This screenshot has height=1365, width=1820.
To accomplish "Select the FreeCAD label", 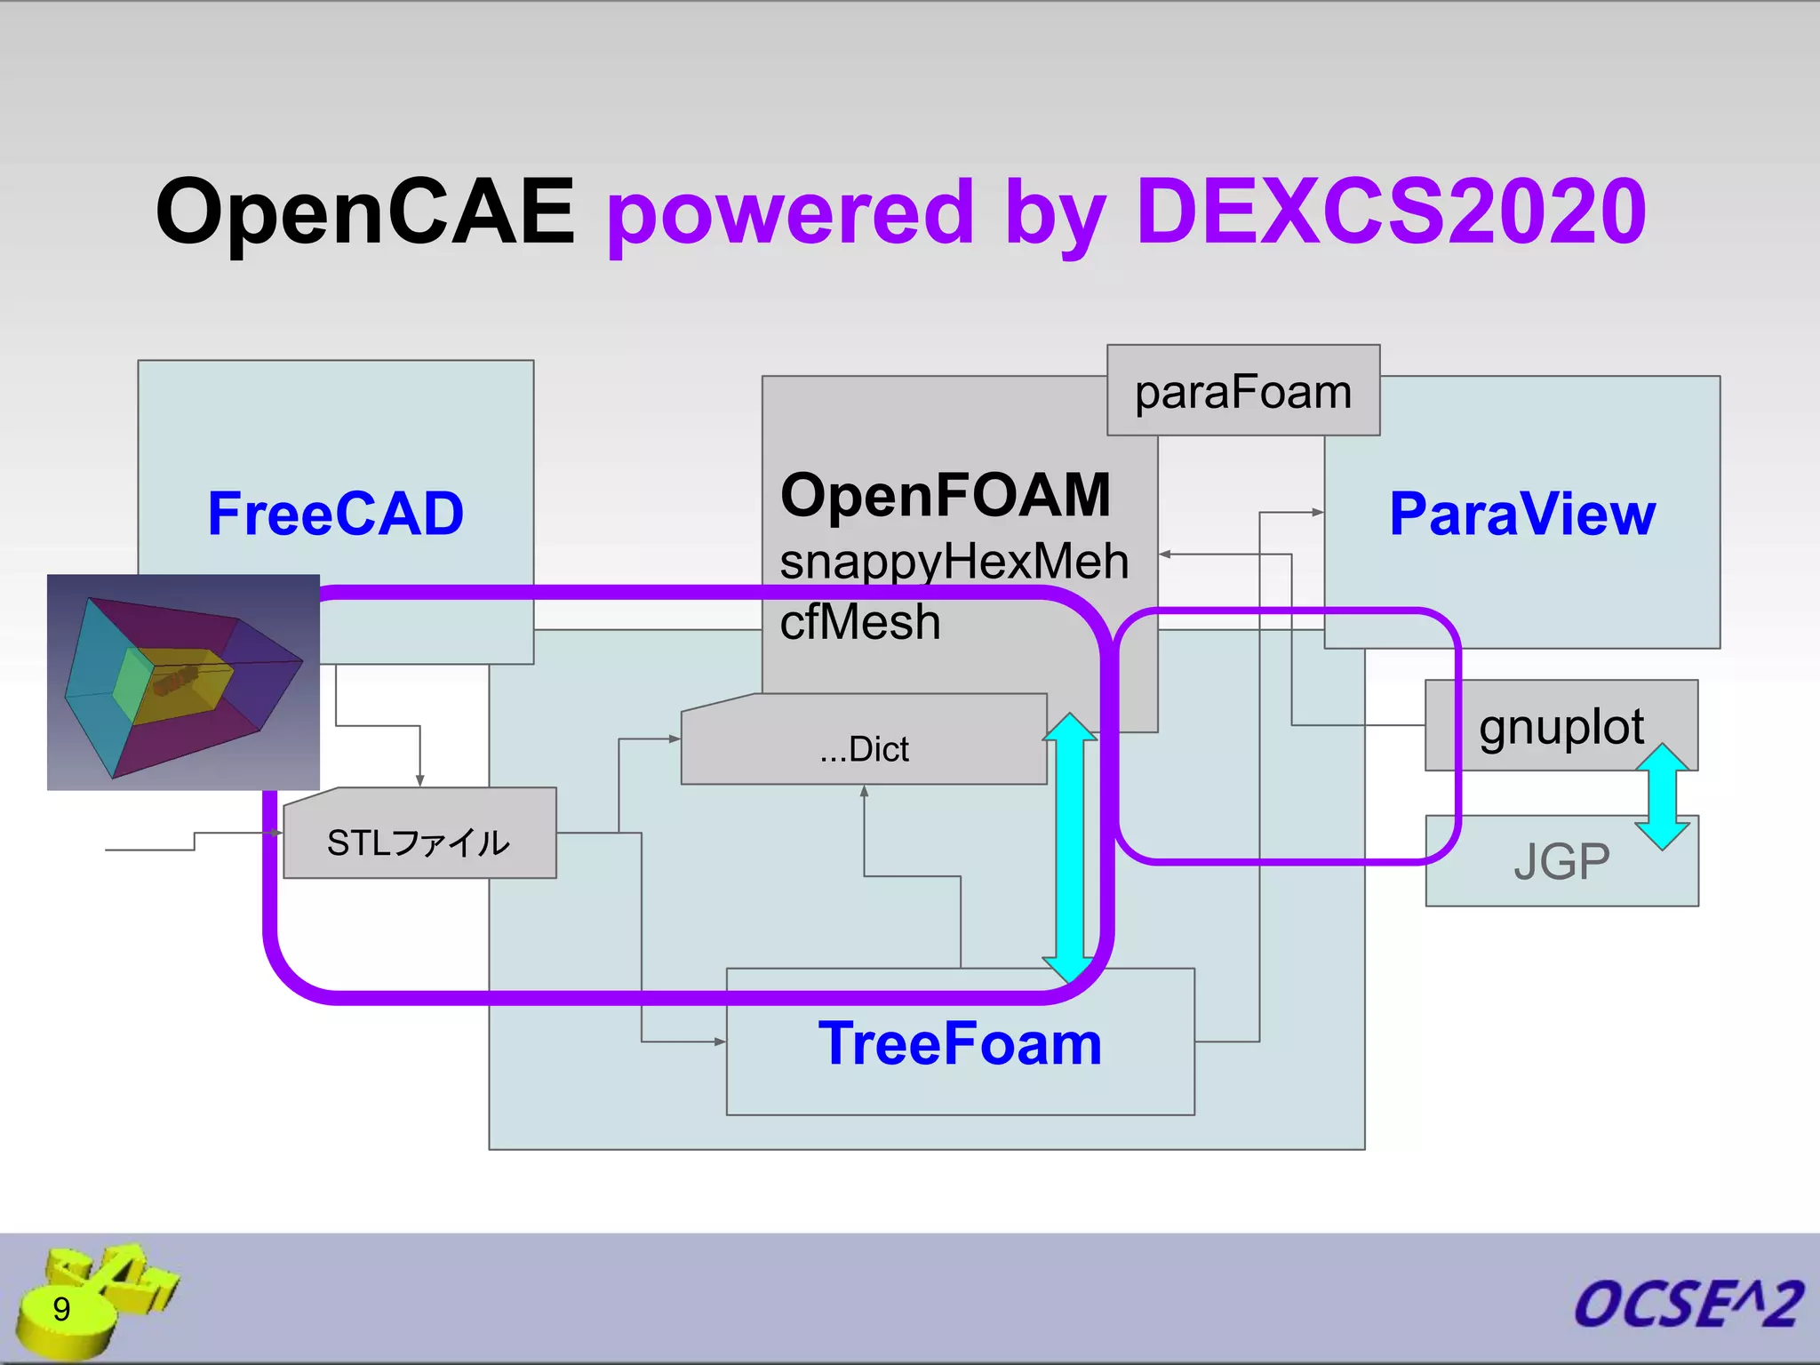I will [x=335, y=514].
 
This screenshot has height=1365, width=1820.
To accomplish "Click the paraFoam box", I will [x=1242, y=391].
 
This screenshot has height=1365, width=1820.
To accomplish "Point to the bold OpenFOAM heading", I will [x=946, y=495].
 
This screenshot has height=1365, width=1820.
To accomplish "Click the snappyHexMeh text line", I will [x=954, y=562].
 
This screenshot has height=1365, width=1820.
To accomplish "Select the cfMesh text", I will [x=859, y=621].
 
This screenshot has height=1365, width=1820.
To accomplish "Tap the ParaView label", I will [x=1521, y=514].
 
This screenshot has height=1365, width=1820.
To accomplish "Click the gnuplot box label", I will [x=1561, y=726].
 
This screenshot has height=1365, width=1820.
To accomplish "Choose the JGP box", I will [x=1561, y=861].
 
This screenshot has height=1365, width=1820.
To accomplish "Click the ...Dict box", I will [x=864, y=748].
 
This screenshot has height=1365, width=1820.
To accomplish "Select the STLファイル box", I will [x=419, y=842].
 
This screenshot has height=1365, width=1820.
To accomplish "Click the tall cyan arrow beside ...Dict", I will [x=1069, y=849].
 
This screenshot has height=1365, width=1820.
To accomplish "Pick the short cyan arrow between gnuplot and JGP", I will [x=1662, y=797].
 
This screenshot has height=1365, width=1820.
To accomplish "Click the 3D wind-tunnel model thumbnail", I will [x=183, y=682].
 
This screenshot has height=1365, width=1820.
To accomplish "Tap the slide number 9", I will [x=61, y=1309].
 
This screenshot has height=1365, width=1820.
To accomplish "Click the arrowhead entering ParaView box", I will [x=1318, y=512].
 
